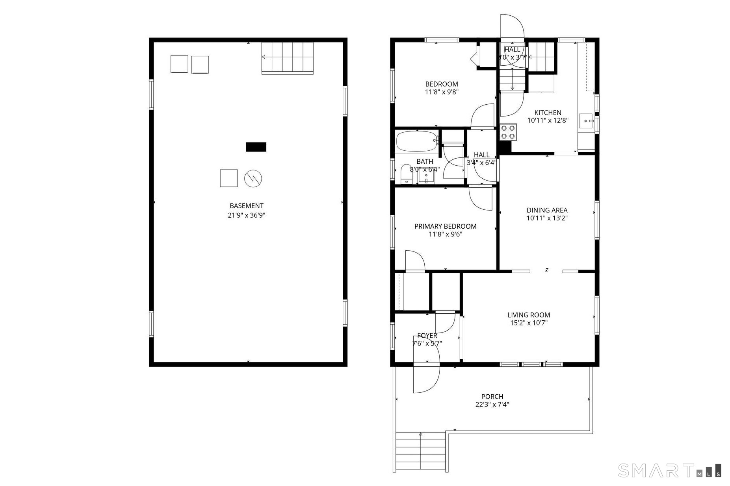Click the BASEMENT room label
coord(246,206)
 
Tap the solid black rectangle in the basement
coord(256,147)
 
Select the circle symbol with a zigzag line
coord(253,179)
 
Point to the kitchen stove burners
coord(508,132)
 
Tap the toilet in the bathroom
coord(406,175)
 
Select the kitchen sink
coord(587,120)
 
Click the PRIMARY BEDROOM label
coord(445,226)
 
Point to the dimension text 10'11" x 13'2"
coord(547,218)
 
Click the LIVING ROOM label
coord(529,315)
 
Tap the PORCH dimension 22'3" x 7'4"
coord(492,404)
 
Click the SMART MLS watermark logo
coord(669,470)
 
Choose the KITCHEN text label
coord(548,113)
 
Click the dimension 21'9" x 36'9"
coord(246,215)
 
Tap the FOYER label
coord(427,335)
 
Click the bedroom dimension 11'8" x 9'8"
coord(442,92)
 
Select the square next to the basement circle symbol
coord(228,178)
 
